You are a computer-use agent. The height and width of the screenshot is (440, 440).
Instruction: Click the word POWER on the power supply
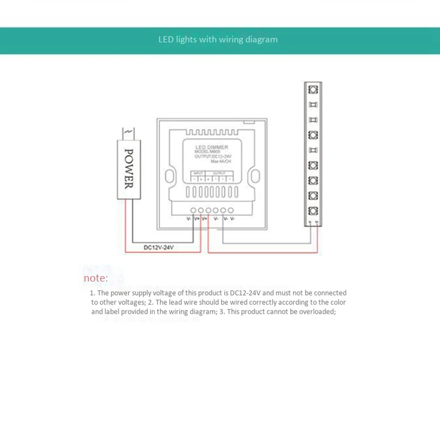(129, 168)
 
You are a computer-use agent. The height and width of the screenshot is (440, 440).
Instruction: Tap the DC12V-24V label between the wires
(159, 247)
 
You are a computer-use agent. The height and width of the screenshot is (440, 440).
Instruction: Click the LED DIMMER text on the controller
(211, 147)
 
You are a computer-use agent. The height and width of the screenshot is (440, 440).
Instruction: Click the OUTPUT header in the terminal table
(218, 173)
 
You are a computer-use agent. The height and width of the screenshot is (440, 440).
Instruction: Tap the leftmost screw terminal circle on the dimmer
(193, 211)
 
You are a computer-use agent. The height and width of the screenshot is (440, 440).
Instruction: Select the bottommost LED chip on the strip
(313, 210)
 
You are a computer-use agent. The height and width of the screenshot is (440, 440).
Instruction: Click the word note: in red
(95, 278)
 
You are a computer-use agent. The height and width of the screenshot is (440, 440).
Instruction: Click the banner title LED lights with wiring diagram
(218, 40)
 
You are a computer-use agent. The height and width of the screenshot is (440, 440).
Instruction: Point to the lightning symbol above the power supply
(129, 131)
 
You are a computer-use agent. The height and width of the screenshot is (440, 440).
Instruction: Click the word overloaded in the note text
(316, 312)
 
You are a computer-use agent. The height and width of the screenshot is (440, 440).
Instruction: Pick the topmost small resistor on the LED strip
(313, 105)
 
